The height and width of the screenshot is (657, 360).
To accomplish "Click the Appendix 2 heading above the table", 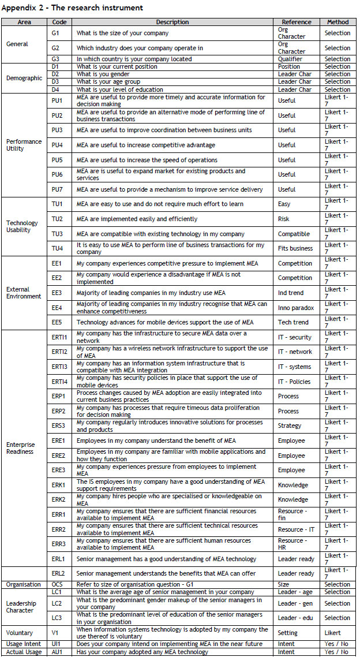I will pos(73,8).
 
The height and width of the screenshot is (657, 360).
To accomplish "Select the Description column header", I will pos(172,22).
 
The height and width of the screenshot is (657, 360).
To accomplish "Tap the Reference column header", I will pos(297,22).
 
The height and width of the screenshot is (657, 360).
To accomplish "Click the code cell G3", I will pos(56,59).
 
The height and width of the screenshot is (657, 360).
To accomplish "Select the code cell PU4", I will pos(57,145).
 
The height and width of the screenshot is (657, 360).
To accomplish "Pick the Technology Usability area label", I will pos(22,226).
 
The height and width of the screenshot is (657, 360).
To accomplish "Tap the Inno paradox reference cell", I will pos(297,308).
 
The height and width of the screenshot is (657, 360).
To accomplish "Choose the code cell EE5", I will pos(57,322).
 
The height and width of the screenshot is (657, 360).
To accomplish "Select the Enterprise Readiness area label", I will pos(21,448).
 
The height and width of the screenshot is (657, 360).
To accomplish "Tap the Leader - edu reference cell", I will pos(296,618).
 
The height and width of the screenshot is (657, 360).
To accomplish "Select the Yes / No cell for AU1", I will pos(336,652).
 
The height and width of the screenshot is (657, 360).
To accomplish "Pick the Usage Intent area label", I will pos(22,644).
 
